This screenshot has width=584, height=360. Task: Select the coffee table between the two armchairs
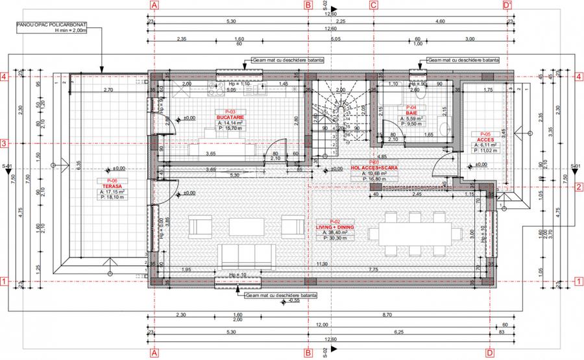tap(243, 226)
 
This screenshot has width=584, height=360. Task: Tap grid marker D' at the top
tap(508, 5)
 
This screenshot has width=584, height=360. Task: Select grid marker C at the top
tap(373, 5)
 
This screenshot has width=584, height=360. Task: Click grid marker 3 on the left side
tap(4, 143)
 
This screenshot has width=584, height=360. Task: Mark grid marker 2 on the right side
tap(578, 187)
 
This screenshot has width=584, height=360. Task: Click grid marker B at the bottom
tap(308, 353)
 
